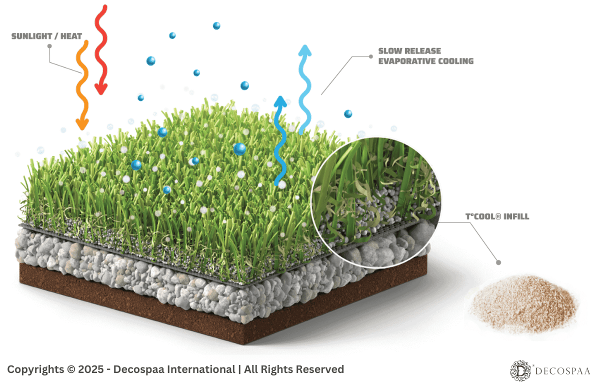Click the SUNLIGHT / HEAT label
coord(46,36)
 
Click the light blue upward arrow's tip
coord(304,49)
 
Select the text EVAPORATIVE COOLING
coord(425,61)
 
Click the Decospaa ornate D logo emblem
coord(520,369)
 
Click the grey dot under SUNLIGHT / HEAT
coord(49,46)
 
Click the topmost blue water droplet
coord(216,25)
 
